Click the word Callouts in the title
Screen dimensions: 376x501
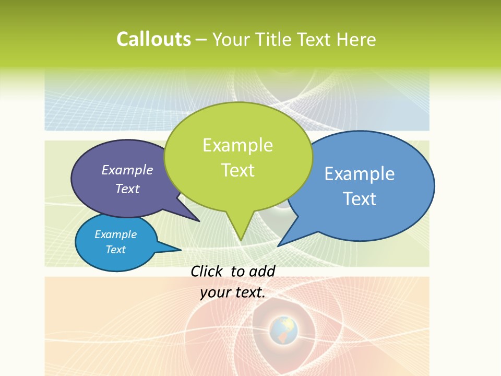tap(153, 39)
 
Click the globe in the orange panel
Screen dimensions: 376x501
tap(283, 330)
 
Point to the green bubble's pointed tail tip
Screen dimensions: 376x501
tap(241, 240)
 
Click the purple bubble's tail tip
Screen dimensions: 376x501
tap(199, 221)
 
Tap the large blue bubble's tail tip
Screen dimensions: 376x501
tap(279, 245)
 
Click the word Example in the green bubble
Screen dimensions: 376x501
tap(237, 145)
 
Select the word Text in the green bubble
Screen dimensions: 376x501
tap(238, 170)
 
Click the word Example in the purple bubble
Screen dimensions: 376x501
tap(127, 170)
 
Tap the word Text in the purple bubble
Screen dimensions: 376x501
tap(127, 189)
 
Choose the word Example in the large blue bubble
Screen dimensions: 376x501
tap(360, 174)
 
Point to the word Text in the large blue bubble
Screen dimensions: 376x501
tap(360, 199)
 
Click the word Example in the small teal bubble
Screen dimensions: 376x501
tap(116, 234)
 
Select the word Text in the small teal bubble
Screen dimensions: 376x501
tap(116, 250)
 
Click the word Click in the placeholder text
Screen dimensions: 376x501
tap(207, 271)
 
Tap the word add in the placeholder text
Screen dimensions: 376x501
tap(262, 271)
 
